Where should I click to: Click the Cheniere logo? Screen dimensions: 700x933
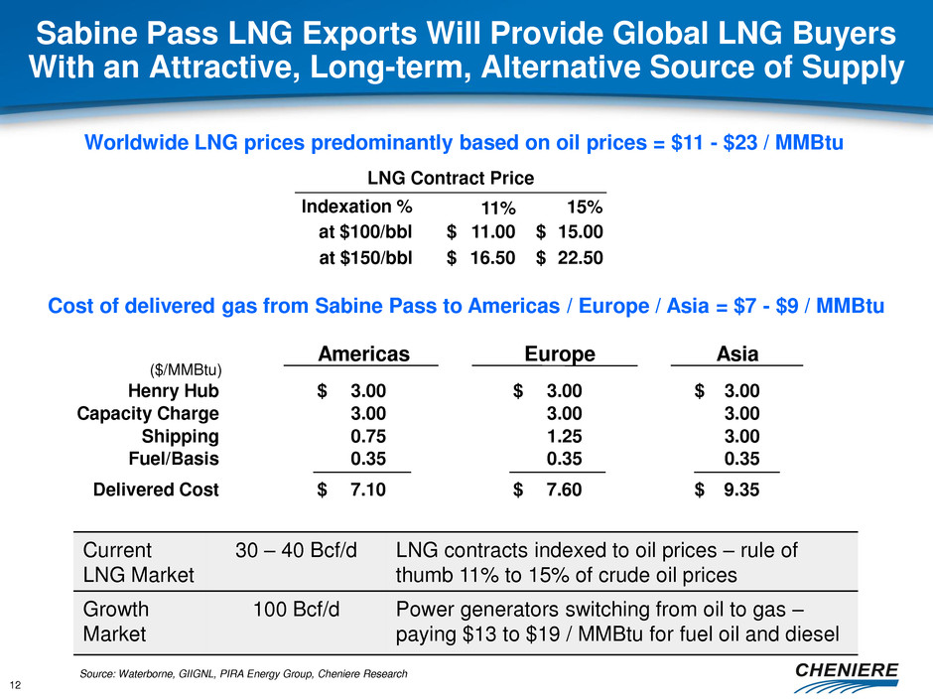(x=849, y=674)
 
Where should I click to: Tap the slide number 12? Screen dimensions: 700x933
(x=17, y=683)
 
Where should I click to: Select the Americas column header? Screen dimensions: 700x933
(x=363, y=354)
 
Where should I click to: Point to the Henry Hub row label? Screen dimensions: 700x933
(x=176, y=391)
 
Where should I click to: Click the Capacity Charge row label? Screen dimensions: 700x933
(x=148, y=414)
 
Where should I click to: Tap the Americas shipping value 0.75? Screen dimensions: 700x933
(x=366, y=437)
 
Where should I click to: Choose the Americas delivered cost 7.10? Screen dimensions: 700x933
(x=366, y=489)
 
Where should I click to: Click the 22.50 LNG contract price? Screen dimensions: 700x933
(x=580, y=257)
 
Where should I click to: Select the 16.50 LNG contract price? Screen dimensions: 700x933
(x=492, y=257)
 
